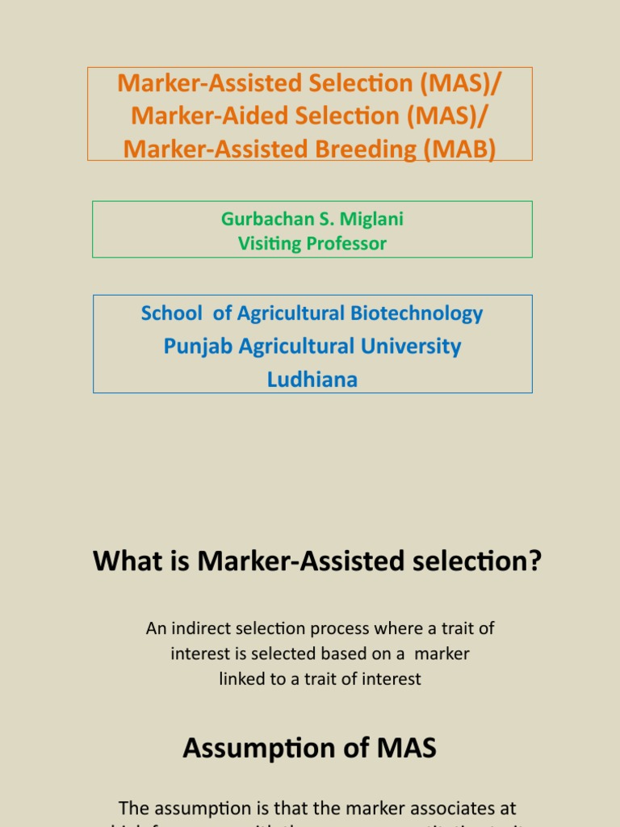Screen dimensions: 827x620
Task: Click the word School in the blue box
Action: click(x=171, y=313)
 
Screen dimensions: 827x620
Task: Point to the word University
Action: click(x=411, y=346)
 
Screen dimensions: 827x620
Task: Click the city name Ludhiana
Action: click(x=312, y=379)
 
